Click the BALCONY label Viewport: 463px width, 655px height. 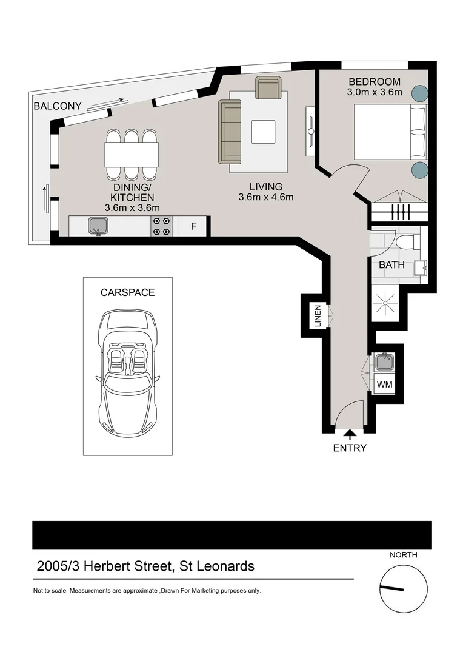(57, 106)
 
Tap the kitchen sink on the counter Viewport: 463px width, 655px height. (98, 226)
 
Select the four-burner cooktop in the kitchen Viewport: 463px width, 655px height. (161, 226)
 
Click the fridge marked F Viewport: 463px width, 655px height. (194, 226)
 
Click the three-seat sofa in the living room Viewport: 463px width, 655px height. (230, 132)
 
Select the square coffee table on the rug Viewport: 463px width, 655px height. (263, 132)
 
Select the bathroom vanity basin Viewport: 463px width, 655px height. (420, 267)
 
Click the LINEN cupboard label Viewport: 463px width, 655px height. (318, 316)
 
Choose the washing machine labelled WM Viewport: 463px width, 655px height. (384, 385)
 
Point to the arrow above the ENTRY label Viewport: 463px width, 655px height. (350, 433)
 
